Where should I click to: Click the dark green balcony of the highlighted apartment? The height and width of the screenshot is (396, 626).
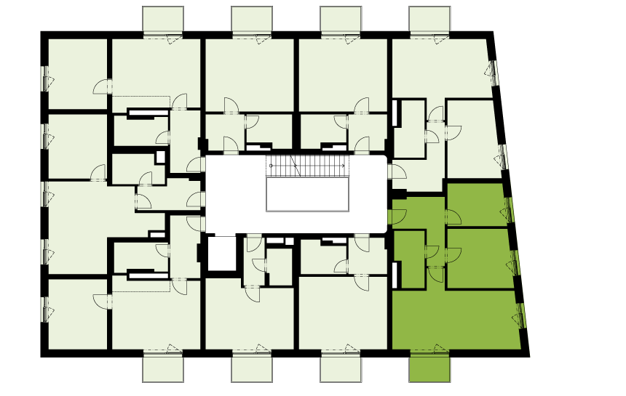(429, 368)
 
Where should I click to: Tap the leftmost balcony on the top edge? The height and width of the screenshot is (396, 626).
(163, 20)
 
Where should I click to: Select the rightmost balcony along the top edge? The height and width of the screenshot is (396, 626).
(429, 20)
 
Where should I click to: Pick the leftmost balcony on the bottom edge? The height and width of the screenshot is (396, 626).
(163, 368)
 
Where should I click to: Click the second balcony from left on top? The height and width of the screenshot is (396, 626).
(252, 20)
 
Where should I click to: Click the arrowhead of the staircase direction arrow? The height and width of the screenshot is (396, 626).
(343, 166)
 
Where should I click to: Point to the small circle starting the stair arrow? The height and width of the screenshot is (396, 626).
(271, 166)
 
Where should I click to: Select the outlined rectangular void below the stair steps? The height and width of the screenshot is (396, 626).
(305, 195)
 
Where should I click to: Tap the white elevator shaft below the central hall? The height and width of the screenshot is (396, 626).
(221, 253)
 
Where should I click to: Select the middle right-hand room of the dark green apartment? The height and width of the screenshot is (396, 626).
(478, 259)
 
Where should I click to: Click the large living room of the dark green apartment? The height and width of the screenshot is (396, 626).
(455, 320)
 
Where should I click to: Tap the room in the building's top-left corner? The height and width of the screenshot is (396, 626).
(77, 73)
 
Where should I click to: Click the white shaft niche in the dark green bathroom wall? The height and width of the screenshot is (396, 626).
(396, 275)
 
